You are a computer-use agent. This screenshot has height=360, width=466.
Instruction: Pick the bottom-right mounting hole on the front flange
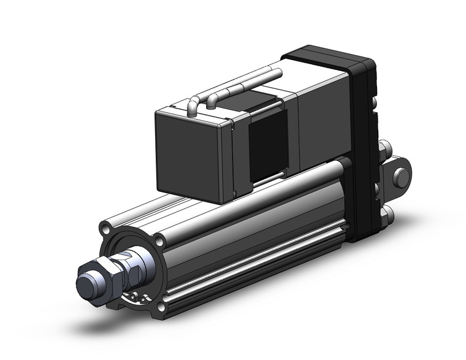pyautogui.click(x=161, y=307)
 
